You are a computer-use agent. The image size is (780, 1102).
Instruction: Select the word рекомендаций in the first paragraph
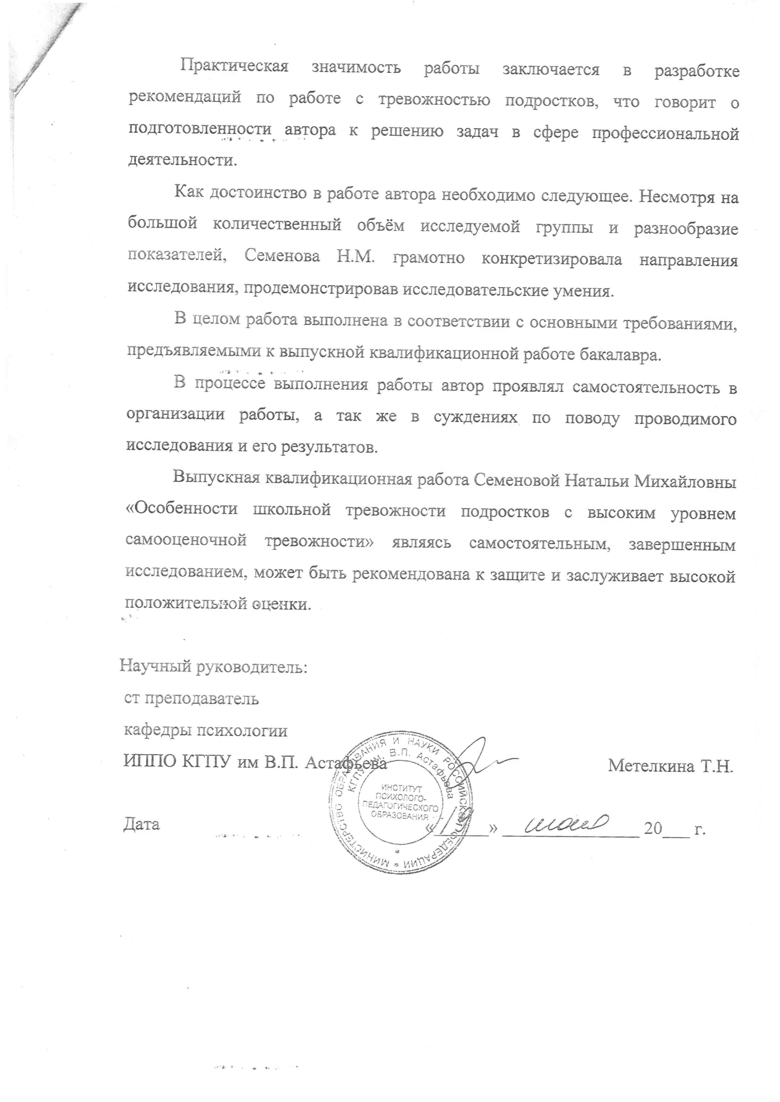pyautogui.click(x=185, y=97)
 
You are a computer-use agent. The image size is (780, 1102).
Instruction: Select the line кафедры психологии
pyautogui.click(x=206, y=730)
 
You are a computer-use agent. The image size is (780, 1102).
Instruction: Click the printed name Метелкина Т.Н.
pyautogui.click(x=670, y=766)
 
